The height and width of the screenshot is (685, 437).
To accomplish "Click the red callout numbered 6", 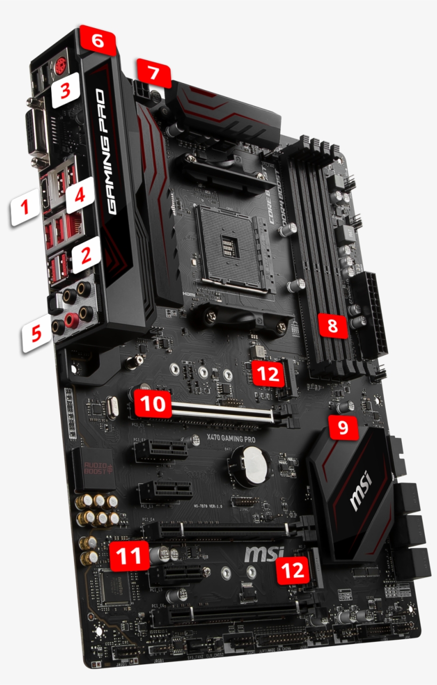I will [97, 40].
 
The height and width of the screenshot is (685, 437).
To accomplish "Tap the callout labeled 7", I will [153, 74].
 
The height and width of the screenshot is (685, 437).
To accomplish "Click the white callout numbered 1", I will [25, 208].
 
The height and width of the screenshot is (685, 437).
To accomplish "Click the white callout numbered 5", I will [36, 334].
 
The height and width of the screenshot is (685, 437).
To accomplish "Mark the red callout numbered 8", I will [333, 325].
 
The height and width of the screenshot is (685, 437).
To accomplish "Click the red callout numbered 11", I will [128, 556].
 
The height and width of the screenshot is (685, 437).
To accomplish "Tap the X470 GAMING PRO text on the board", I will [230, 438].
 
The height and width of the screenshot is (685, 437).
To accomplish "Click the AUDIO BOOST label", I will [95, 469].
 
